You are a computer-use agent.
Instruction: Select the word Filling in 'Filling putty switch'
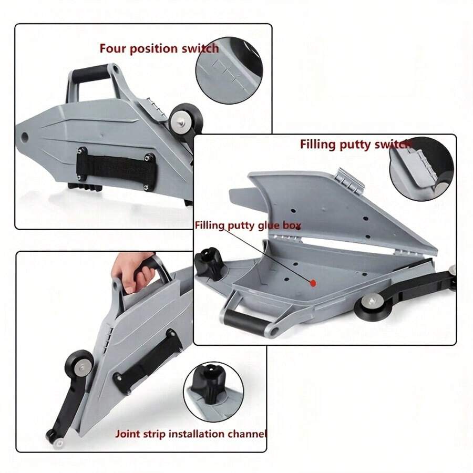coord(317,144)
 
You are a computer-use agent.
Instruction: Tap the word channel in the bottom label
coord(247,434)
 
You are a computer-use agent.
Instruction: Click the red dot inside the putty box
coord(313,283)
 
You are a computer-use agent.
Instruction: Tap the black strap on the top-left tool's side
coord(117,168)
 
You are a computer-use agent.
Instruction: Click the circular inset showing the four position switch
coord(229,70)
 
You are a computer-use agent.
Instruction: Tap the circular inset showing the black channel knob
coord(213,392)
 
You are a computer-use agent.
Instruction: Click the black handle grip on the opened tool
coord(245,322)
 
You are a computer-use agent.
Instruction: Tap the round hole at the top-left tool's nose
coord(25,138)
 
